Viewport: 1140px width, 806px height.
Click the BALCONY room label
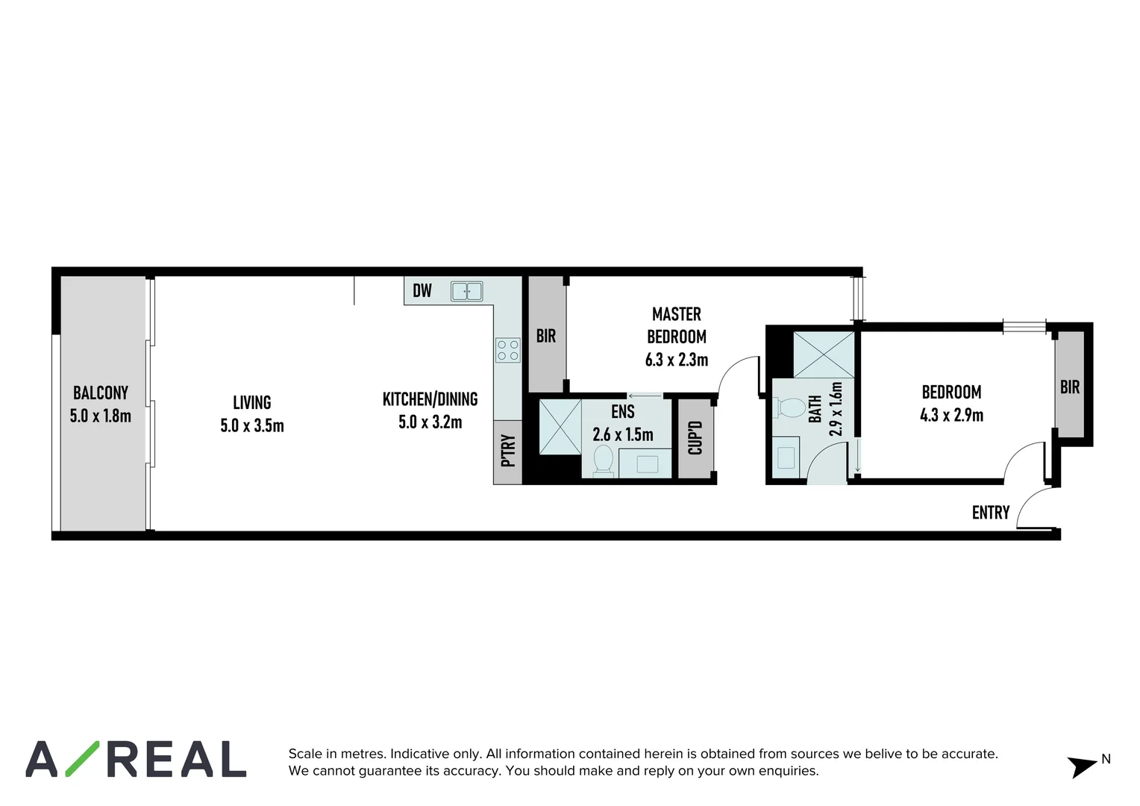(x=100, y=393)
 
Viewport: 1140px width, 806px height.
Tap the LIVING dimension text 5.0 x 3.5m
(x=252, y=426)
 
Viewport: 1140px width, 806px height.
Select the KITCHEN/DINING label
(x=430, y=399)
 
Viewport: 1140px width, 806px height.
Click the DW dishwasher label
(x=422, y=290)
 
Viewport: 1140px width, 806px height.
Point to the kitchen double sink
(x=467, y=291)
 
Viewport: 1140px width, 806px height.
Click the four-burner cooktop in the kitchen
(x=508, y=350)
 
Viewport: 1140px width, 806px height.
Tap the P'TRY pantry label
(x=508, y=450)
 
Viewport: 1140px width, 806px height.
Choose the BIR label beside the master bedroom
(x=546, y=337)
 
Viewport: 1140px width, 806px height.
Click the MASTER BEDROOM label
(x=677, y=325)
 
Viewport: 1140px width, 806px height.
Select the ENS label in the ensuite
(x=623, y=412)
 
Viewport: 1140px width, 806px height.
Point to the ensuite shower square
(x=560, y=427)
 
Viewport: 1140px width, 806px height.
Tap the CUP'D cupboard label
(x=695, y=438)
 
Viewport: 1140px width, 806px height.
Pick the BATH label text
(x=815, y=409)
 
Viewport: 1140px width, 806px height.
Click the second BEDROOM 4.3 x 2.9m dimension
(x=951, y=415)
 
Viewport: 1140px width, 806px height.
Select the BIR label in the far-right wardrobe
(x=1070, y=387)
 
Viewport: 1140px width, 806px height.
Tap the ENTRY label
(x=990, y=513)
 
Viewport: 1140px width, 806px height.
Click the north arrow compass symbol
(x=1083, y=765)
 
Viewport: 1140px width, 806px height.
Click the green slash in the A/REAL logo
(x=81, y=759)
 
